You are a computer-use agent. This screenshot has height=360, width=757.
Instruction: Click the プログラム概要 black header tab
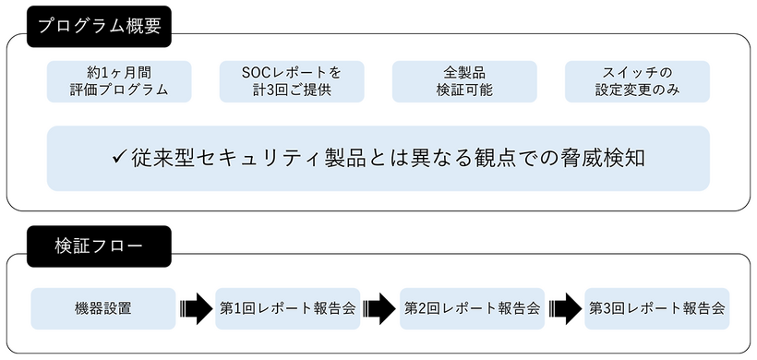(x=99, y=26)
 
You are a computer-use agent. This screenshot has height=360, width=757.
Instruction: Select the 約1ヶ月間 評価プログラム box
(x=119, y=81)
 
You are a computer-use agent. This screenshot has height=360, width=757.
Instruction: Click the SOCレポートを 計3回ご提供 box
(x=292, y=81)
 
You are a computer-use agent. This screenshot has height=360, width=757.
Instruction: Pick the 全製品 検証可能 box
(x=464, y=81)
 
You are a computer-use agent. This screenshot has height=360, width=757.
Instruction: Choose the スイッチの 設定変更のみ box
(x=637, y=81)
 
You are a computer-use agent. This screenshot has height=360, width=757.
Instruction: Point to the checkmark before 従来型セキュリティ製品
(x=118, y=158)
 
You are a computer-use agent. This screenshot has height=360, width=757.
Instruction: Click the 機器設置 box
(x=102, y=308)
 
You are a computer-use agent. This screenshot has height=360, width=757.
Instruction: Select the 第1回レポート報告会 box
(x=287, y=308)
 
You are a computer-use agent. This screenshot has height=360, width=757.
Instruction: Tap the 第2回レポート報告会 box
(x=472, y=308)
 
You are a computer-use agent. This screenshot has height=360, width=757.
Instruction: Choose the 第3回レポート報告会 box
(x=656, y=308)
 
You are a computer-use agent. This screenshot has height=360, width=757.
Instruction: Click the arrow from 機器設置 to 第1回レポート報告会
(x=196, y=308)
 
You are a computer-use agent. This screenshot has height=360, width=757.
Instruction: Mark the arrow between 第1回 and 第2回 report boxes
(x=379, y=308)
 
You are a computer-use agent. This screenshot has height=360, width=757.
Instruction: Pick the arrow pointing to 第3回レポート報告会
(x=564, y=308)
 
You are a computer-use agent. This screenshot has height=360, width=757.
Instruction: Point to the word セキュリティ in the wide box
(x=266, y=159)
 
